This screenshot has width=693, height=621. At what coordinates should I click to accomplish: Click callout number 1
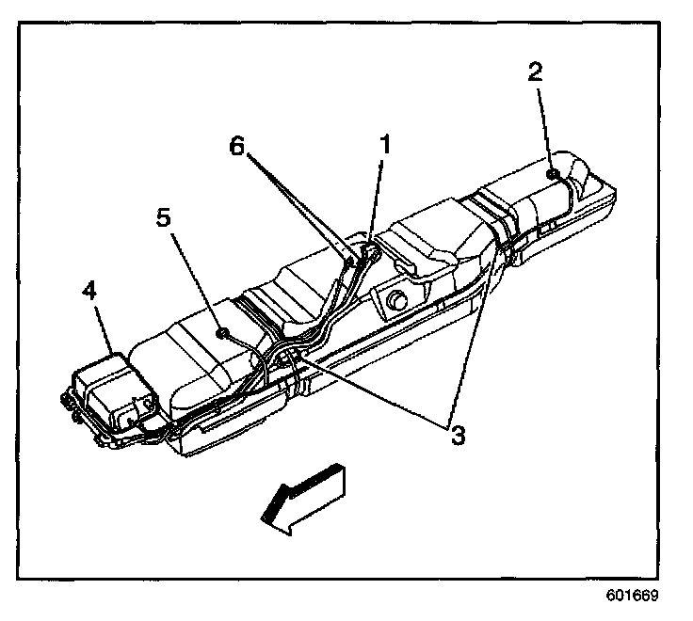[383, 144]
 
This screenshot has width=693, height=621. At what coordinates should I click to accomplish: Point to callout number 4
[89, 292]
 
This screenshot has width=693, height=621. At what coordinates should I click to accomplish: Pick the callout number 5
[163, 218]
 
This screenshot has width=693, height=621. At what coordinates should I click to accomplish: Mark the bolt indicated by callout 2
[554, 173]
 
